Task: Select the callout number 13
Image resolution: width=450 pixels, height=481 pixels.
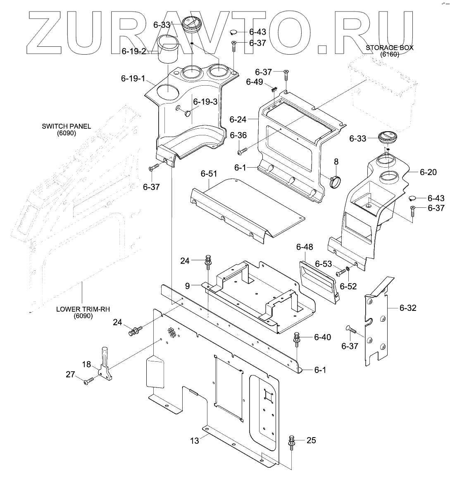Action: (194, 441)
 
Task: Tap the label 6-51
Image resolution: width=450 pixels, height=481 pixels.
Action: (209, 174)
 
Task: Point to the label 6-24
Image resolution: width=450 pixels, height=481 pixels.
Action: (238, 120)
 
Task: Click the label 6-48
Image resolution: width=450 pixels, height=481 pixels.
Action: (305, 247)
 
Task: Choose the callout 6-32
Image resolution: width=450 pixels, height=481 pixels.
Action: (408, 308)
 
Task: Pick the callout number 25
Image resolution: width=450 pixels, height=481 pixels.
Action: (311, 440)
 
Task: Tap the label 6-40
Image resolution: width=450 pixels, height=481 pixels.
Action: (323, 337)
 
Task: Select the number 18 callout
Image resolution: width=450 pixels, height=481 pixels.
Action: (86, 364)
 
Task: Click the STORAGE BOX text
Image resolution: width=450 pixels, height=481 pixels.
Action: (389, 47)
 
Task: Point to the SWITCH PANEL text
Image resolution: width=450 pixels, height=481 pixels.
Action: (67, 126)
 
